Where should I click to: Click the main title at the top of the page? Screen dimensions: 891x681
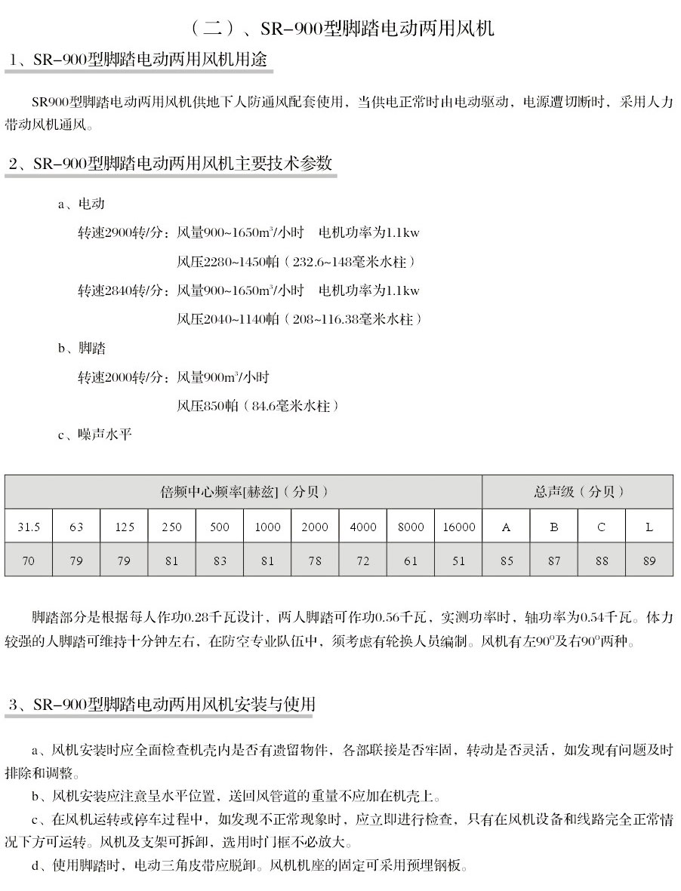click(x=340, y=29)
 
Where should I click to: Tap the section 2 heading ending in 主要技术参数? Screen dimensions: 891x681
click(x=170, y=164)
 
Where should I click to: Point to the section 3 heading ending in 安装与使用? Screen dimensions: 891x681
click(x=162, y=705)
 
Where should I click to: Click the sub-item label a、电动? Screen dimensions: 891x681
click(x=81, y=204)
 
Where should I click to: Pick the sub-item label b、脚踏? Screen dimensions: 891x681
click(x=81, y=349)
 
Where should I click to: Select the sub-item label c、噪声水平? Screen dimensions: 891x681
click(x=94, y=435)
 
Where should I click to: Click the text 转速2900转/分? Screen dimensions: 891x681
click(x=120, y=232)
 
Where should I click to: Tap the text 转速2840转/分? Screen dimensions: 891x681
click(x=120, y=290)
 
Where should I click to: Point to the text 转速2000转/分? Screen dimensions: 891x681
click(x=120, y=377)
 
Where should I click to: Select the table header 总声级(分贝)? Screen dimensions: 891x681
click(x=578, y=492)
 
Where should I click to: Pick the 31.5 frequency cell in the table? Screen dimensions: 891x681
click(x=29, y=527)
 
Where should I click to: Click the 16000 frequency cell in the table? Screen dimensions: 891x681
click(x=458, y=527)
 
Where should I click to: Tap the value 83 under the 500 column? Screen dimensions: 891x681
click(x=220, y=561)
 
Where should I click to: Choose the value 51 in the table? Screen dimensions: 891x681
click(x=458, y=561)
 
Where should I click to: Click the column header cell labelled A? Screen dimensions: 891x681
click(x=506, y=527)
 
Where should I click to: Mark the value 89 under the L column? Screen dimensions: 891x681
click(x=649, y=561)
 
